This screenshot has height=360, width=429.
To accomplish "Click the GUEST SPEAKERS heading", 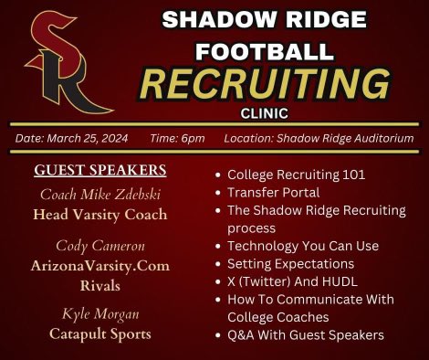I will [x=99, y=170].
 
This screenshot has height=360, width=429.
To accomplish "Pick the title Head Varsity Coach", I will [x=99, y=215].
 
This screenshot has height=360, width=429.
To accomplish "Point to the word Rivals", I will [x=99, y=285].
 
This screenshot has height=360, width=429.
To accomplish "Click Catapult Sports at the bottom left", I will [x=99, y=334].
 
